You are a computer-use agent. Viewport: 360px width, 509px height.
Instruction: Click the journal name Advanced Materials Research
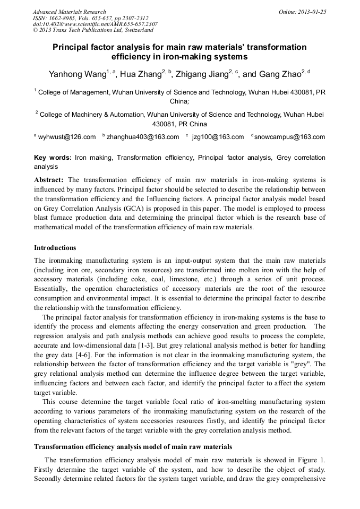tap(69, 12)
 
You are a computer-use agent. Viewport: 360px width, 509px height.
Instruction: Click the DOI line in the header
tap(95, 24)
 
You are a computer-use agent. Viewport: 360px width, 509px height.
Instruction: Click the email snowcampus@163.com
tap(289, 137)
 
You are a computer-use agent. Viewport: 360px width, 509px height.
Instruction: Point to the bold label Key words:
tap(53, 158)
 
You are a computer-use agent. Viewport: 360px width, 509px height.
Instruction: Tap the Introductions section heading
tap(55, 248)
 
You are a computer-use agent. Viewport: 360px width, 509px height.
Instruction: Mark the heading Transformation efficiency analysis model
tap(133, 447)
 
